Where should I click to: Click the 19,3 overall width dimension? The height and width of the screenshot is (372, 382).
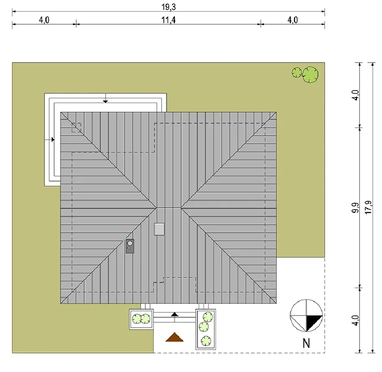tap(169, 7)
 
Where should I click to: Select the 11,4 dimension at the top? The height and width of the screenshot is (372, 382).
tap(169, 20)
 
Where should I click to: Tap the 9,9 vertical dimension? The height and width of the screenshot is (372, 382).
tap(355, 208)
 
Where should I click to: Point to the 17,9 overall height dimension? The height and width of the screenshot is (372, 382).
tap(368, 208)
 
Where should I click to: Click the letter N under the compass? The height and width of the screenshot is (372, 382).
tap(306, 343)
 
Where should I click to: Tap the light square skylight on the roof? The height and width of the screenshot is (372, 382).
tap(159, 229)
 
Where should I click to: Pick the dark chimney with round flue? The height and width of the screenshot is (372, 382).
tap(130, 246)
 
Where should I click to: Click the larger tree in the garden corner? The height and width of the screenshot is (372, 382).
tap(310, 75)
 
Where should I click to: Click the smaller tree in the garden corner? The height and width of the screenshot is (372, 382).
tap(297, 73)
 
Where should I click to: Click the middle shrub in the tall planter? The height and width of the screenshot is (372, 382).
tap(204, 327)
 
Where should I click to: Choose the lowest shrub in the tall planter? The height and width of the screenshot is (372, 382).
tap(206, 341)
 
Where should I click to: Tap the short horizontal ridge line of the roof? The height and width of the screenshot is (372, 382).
tap(168, 208)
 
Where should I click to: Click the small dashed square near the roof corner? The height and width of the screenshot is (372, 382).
tap(76, 127)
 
